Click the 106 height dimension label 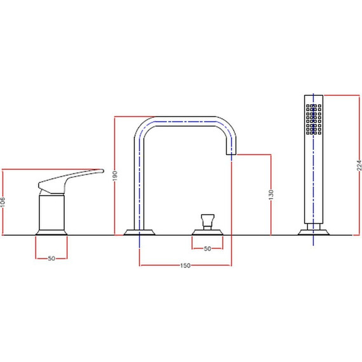point(3,202)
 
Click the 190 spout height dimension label point(115,176)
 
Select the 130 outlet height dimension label point(271,194)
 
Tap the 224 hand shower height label point(359,165)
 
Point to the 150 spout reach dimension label point(185,265)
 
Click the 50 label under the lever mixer point(51,258)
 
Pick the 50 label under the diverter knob point(207,249)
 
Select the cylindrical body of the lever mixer point(51,212)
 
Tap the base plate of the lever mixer point(51,232)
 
